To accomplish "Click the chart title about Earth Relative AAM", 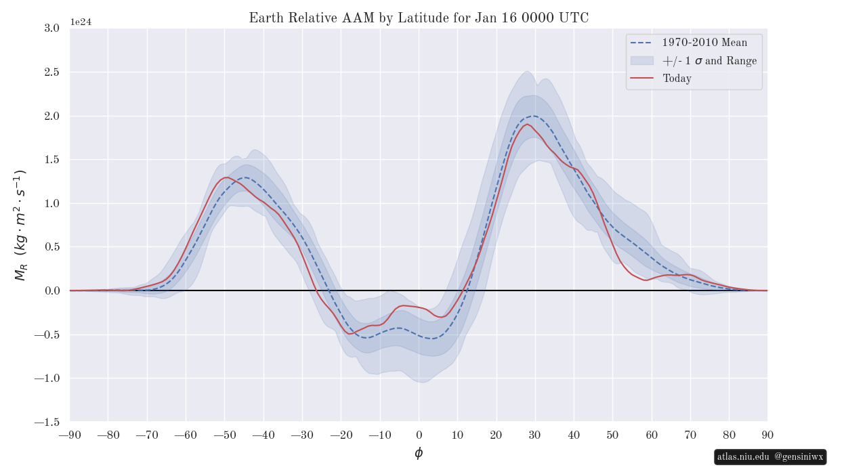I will click(419, 18).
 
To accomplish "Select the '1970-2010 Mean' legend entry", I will click(704, 43).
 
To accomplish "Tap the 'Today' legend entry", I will click(677, 79).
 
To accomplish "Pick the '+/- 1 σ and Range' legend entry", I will click(709, 61).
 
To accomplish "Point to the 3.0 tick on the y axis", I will click(51, 28).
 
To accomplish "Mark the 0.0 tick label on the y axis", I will click(51, 290).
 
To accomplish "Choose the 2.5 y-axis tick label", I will click(51, 72).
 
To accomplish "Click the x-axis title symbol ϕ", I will click(419, 453).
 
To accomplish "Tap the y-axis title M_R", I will click(20, 225).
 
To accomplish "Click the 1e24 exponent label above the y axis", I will click(81, 22).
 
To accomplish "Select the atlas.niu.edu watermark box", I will click(770, 457).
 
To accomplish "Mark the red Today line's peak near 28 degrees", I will click(527, 124).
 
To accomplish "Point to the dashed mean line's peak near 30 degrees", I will click(534, 116).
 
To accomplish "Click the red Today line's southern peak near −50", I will click(226, 177).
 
